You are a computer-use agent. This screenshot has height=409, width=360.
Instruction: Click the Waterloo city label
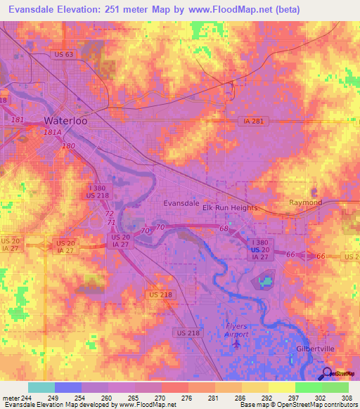pyautogui.click(x=65, y=120)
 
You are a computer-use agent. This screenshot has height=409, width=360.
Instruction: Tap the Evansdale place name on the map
pyautogui.click(x=181, y=203)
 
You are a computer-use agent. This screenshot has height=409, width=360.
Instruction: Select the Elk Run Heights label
pyautogui.click(x=230, y=208)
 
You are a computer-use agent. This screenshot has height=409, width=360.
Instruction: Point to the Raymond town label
pyautogui.click(x=305, y=203)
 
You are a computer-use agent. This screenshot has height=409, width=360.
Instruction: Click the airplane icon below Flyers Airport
pyautogui.click(x=236, y=344)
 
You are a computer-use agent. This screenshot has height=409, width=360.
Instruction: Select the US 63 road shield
pyautogui.click(x=63, y=54)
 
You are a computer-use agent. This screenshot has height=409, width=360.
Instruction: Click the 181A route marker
pyautogui.click(x=52, y=131)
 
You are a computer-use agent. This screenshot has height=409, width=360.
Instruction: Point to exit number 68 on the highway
pyautogui.click(x=224, y=229)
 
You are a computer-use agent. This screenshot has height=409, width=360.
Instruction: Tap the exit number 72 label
pyautogui.click(x=108, y=213)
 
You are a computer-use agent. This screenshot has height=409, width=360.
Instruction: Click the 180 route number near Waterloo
pyautogui.click(x=68, y=145)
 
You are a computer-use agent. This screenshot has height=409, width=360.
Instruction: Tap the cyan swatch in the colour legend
pyautogui.click(x=41, y=387)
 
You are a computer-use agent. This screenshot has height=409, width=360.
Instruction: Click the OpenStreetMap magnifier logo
pyautogui.click(x=326, y=374)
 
